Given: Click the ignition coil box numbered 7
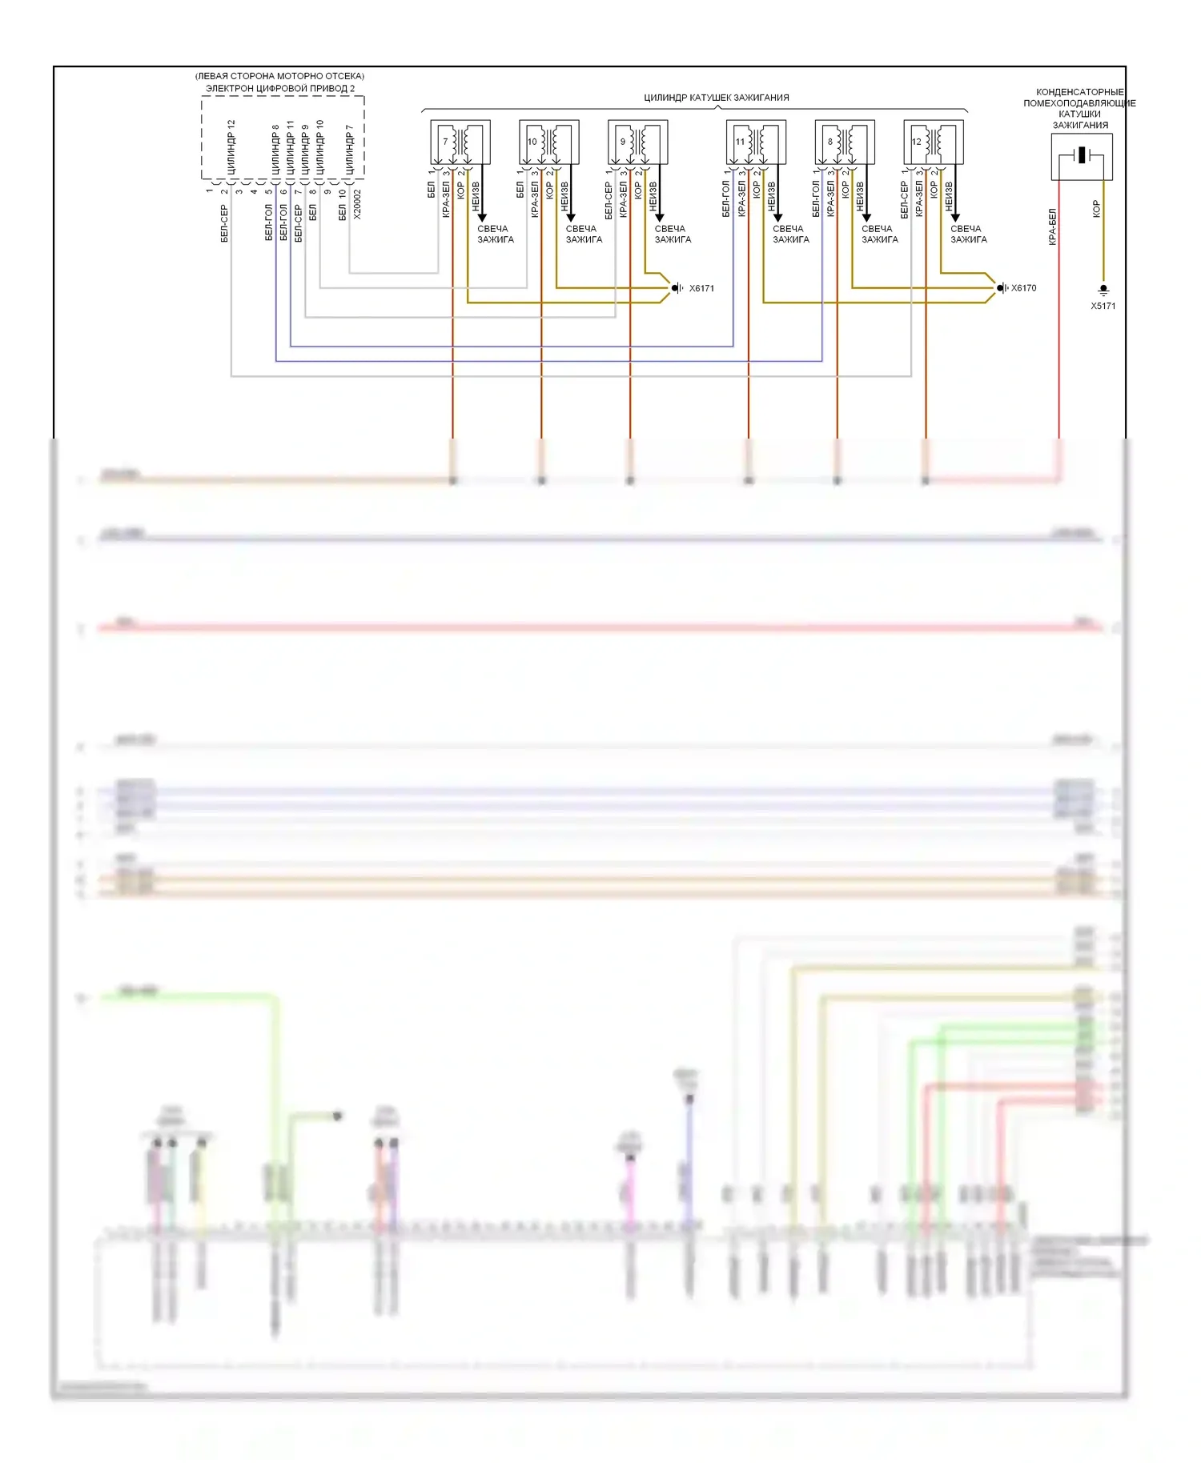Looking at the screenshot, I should pyautogui.click(x=460, y=142).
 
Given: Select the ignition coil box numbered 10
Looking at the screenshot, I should pyautogui.click(x=549, y=142).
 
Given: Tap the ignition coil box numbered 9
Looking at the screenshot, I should pyautogui.click(x=638, y=142).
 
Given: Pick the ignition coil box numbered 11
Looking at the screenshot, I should pyautogui.click(x=756, y=142).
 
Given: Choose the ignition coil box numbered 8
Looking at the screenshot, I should pyautogui.click(x=845, y=142).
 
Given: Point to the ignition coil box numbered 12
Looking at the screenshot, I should pyautogui.click(x=934, y=142).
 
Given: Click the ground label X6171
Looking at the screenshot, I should pyautogui.click(x=701, y=288).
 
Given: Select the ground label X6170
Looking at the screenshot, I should pyautogui.click(x=1023, y=288).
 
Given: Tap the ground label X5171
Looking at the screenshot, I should pyautogui.click(x=1103, y=306).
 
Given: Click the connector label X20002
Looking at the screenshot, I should pyautogui.click(x=357, y=204).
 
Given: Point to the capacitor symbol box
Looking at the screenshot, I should pyautogui.click(x=1082, y=156).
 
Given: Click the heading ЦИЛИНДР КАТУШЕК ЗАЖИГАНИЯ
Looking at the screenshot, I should pyautogui.click(x=716, y=98).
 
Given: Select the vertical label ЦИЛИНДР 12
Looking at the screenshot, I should pyautogui.click(x=231, y=147).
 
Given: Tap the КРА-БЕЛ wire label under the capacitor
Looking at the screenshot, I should pyautogui.click(x=1052, y=226).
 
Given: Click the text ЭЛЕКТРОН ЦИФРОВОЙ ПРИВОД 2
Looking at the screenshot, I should pyautogui.click(x=280, y=88).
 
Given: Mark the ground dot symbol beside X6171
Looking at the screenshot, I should pyautogui.click(x=677, y=288).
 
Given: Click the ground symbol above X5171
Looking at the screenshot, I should pyautogui.click(x=1103, y=290).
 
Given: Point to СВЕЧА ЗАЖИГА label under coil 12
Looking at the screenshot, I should pyautogui.click(x=968, y=234).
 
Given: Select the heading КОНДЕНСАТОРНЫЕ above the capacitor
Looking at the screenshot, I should pyautogui.click(x=1079, y=92).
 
